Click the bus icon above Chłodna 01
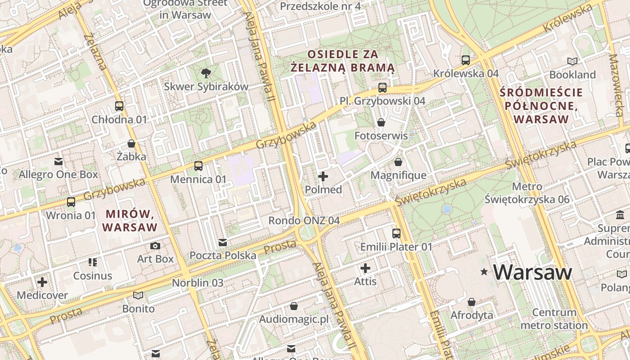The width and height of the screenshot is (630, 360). [119, 106]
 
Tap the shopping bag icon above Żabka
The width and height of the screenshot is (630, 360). [131, 144]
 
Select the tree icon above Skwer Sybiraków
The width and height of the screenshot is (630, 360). [206, 73]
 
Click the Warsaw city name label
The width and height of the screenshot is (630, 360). [533, 272]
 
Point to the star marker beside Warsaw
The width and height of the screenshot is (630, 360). [484, 272]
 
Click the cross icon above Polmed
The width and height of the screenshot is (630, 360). [323, 176]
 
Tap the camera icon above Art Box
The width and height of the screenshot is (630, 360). [155, 246]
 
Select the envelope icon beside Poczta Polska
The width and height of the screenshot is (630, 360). [223, 243]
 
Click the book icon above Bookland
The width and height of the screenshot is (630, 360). [572, 61]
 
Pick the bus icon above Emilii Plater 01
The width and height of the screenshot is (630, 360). [396, 233]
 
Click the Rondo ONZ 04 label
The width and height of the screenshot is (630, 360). [304, 220]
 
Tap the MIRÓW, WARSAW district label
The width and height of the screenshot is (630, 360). [130, 220]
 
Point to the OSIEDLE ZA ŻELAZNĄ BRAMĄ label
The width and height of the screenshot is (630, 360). [343, 61]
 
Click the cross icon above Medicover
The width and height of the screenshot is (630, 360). [42, 282]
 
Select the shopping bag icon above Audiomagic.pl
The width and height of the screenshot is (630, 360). [294, 306]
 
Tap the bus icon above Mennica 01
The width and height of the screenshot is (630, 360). [198, 166]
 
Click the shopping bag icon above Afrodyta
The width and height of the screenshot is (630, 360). [472, 301]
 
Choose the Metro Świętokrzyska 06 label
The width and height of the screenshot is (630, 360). [527, 193]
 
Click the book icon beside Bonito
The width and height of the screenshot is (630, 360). [138, 295]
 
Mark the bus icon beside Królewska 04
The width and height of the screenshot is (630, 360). [466, 60]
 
